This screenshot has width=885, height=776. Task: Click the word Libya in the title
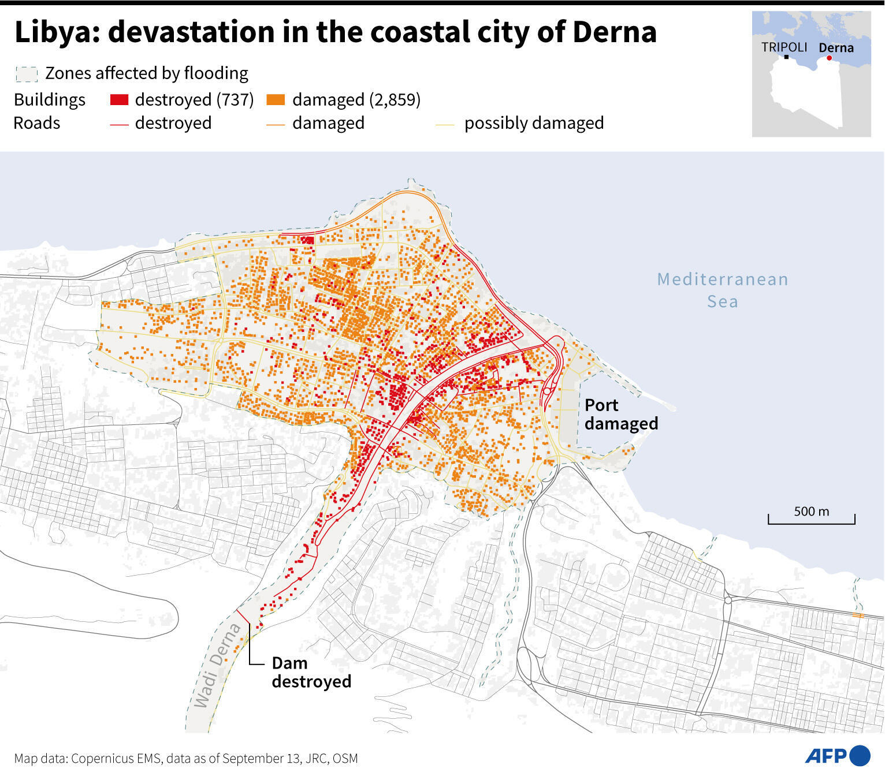click(x=52, y=32)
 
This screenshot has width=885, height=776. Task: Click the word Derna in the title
click(x=615, y=32)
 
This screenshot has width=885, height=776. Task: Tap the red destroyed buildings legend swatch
click(x=119, y=100)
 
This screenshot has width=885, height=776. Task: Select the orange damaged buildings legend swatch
click(x=276, y=100)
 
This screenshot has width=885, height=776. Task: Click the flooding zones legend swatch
click(x=27, y=74)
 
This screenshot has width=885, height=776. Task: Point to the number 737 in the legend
click(x=233, y=100)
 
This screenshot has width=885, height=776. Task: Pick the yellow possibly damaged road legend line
click(x=445, y=124)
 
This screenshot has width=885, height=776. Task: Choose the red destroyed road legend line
click(x=119, y=124)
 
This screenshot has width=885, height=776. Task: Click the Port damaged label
click(x=620, y=414)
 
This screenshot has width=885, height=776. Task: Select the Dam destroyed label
click(x=311, y=672)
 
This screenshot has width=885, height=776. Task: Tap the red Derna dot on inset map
click(x=829, y=58)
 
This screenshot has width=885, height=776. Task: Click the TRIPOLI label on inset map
click(x=784, y=47)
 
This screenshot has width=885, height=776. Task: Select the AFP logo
click(x=837, y=755)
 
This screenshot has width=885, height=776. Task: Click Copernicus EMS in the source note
click(x=115, y=759)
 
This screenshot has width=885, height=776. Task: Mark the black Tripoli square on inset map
click(x=786, y=57)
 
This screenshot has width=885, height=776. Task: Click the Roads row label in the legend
click(x=37, y=123)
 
